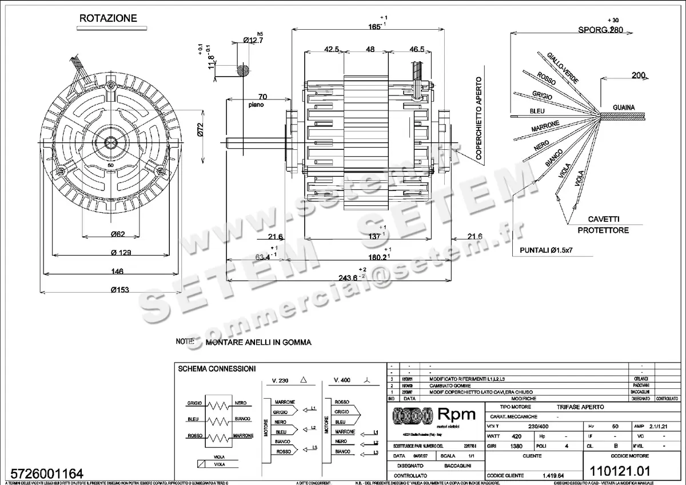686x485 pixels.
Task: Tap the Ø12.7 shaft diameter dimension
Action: (x=253, y=40)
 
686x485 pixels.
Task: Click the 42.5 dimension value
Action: (x=332, y=50)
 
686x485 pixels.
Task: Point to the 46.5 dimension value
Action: (x=417, y=50)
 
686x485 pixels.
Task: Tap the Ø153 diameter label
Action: (x=119, y=289)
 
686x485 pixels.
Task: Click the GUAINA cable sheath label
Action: (x=624, y=107)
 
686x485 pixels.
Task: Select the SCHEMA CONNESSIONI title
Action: (x=217, y=369)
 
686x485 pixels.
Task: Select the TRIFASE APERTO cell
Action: (x=579, y=407)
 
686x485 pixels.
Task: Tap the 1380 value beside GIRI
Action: (x=517, y=446)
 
